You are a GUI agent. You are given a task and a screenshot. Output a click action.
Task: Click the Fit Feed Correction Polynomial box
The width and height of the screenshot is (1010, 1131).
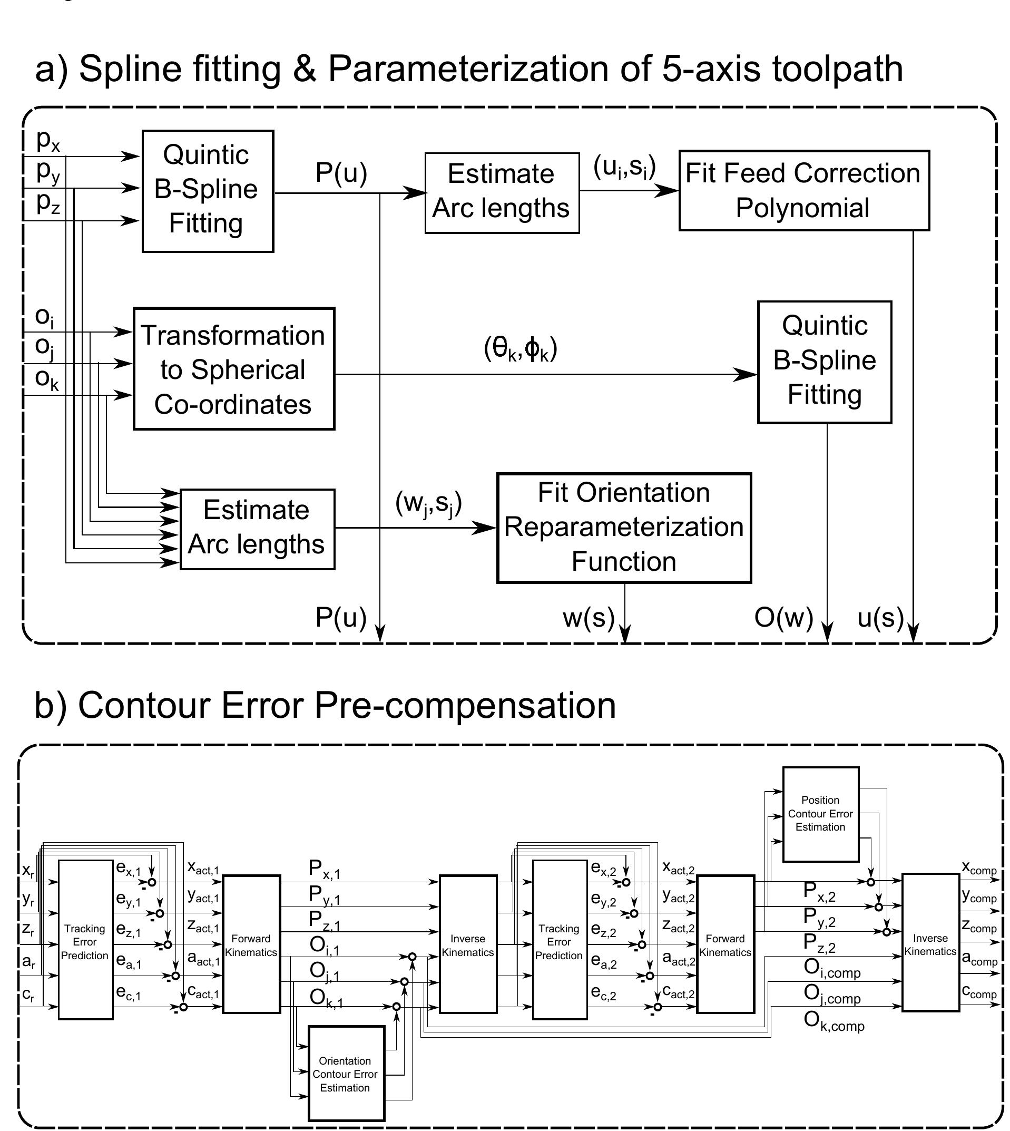[x=803, y=190]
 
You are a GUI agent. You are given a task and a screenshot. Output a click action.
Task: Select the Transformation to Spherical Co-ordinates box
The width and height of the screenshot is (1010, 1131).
[x=233, y=369]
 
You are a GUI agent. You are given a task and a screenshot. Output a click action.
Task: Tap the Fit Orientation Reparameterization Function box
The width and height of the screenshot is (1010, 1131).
[x=624, y=528]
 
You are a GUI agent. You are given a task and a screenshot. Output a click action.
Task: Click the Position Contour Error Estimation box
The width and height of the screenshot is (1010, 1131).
[x=820, y=814]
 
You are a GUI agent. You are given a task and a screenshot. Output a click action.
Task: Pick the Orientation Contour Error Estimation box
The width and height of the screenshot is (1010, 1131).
[x=346, y=1075]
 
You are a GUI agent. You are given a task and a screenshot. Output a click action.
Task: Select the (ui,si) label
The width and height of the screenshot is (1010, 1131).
[x=624, y=167]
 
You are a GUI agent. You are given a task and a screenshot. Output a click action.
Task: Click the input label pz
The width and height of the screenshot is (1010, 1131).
[x=48, y=204]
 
